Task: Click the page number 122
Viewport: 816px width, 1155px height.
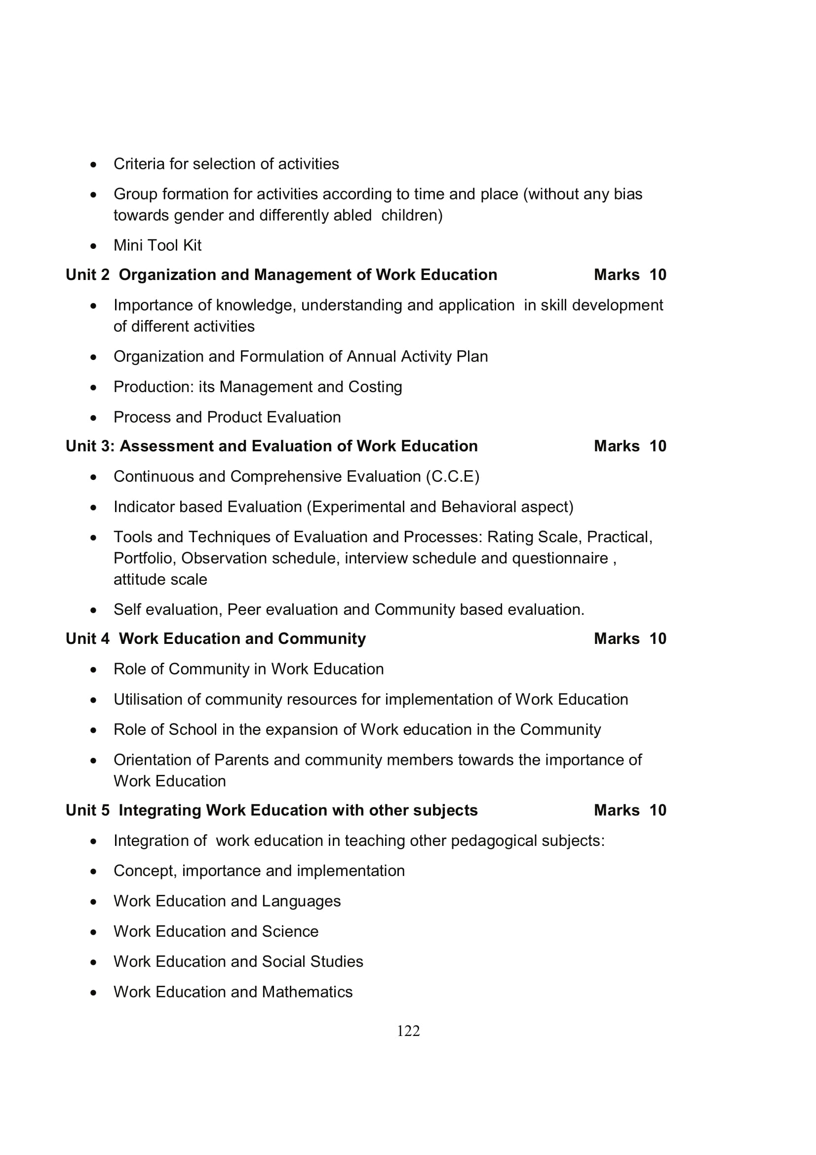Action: pos(408,1031)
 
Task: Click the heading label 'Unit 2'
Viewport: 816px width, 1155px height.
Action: pos(87,275)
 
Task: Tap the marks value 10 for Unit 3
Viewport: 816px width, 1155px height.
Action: pos(658,446)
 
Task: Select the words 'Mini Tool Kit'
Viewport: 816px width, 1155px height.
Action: pos(157,245)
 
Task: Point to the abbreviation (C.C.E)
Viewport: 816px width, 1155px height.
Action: pos(453,477)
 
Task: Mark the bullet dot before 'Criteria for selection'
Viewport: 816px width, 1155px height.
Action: pos(93,164)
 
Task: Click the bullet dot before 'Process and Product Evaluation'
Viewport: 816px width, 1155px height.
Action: pos(93,418)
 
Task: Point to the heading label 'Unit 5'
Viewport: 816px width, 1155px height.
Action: pos(87,810)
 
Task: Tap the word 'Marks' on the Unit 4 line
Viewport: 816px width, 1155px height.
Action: pos(617,639)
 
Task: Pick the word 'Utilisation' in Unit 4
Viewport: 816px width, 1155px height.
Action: pos(144,699)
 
